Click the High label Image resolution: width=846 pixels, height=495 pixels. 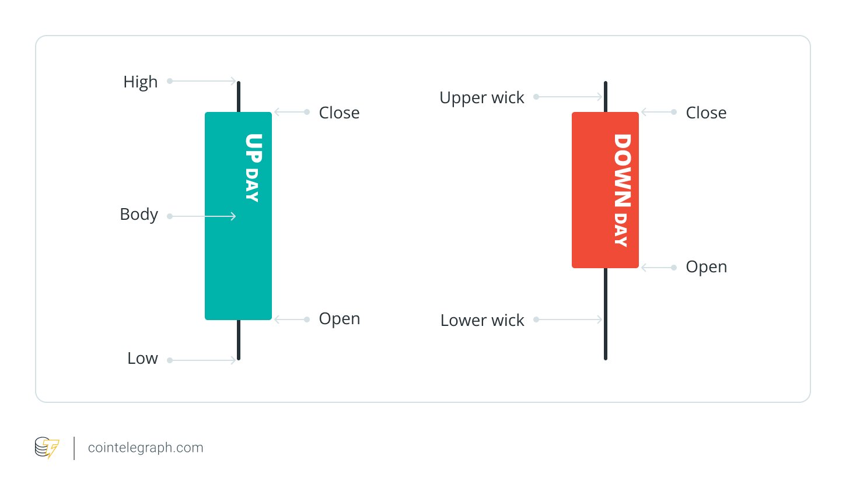click(140, 82)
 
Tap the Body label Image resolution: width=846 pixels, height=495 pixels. click(139, 215)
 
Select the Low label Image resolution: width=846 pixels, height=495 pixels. click(142, 358)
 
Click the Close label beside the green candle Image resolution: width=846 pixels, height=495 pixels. click(339, 113)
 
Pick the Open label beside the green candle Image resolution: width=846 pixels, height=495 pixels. click(339, 319)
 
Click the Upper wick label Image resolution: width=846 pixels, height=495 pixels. click(482, 98)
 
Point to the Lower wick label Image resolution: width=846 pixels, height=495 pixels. click(482, 320)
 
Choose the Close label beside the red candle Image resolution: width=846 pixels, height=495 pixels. click(706, 113)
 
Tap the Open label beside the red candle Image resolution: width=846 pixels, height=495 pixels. click(706, 267)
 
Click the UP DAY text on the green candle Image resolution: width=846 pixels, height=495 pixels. click(253, 168)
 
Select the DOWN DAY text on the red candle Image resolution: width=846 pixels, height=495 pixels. click(621, 190)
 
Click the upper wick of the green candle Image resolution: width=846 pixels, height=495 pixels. click(239, 97)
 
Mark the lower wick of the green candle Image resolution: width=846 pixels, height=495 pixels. click(239, 340)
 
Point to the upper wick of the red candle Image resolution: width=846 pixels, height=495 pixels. click(606, 97)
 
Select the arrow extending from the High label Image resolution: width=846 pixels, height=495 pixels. click(202, 81)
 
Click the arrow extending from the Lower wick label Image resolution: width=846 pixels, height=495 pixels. click(569, 320)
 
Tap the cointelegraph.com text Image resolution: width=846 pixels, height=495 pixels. click(145, 448)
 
